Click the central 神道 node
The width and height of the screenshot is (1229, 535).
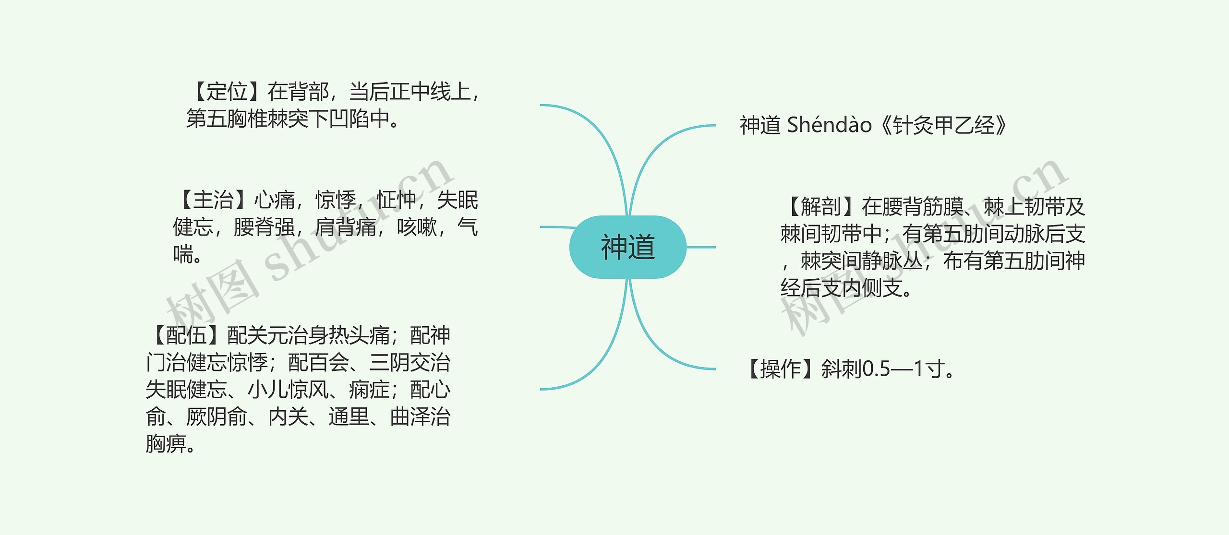click(x=627, y=247)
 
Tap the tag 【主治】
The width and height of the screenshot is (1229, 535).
click(x=213, y=200)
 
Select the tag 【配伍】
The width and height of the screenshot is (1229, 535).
click(x=186, y=335)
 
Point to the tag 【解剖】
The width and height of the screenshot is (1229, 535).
click(x=821, y=207)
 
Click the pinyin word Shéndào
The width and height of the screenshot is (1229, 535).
click(x=829, y=125)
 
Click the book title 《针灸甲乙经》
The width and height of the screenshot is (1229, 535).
click(x=943, y=125)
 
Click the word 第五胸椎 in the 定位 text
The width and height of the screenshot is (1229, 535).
click(x=227, y=119)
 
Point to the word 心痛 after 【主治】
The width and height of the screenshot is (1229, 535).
click(x=274, y=200)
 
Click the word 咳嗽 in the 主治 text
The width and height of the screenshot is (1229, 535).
click(x=417, y=227)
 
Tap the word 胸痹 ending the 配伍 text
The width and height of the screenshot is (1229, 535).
click(x=166, y=444)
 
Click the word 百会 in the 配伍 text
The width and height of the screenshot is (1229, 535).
click(x=329, y=362)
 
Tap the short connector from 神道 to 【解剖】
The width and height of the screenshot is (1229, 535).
click(x=701, y=247)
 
